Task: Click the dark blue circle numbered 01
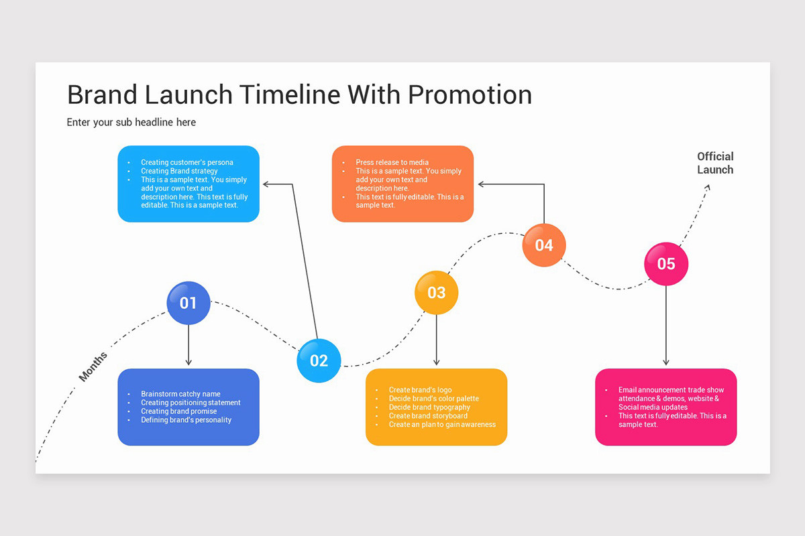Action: click(x=189, y=303)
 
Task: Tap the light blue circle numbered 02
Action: click(x=319, y=360)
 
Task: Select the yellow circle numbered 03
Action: click(x=436, y=292)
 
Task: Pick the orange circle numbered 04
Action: click(x=544, y=245)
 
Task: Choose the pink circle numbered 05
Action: click(x=666, y=264)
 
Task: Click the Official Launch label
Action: click(x=715, y=163)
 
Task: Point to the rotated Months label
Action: click(x=93, y=366)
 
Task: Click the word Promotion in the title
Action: click(x=470, y=95)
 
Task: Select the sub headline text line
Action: click(x=131, y=123)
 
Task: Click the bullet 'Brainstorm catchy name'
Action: click(x=180, y=394)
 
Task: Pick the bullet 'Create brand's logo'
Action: click(x=420, y=390)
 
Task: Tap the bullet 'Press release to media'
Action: click(x=392, y=162)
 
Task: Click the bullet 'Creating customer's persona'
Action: click(x=187, y=162)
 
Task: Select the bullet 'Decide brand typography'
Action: click(x=429, y=407)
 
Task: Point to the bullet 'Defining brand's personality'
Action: click(x=186, y=420)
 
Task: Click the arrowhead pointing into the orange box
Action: click(x=481, y=184)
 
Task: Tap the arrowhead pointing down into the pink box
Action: click(x=666, y=362)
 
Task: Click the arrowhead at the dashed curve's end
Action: click(x=707, y=188)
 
